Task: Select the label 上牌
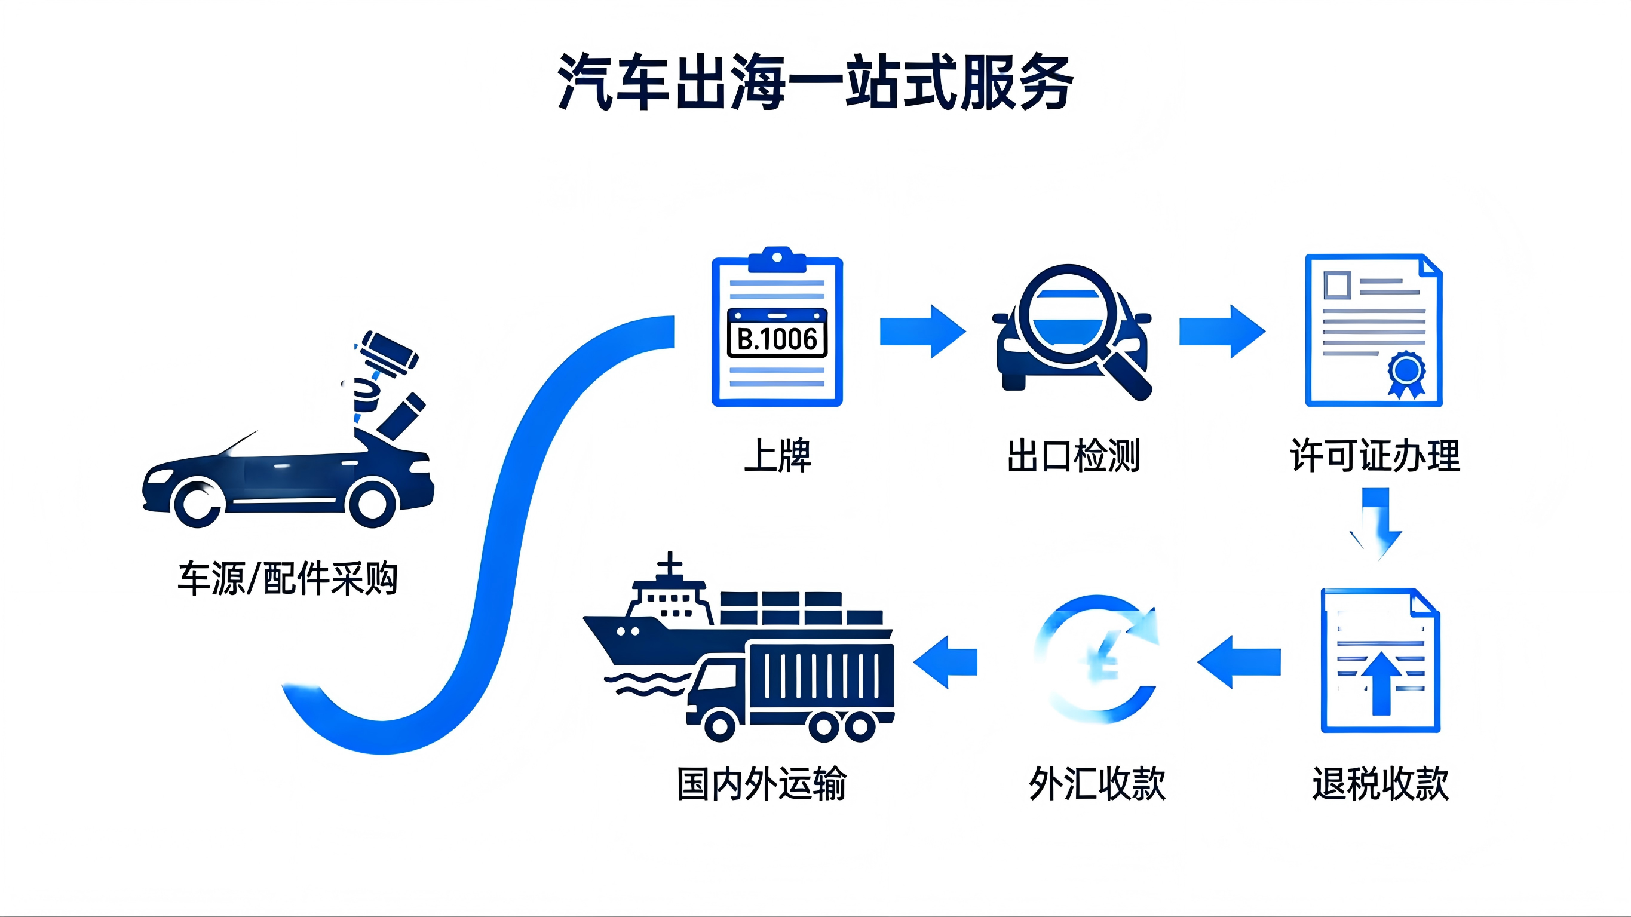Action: pos(777,455)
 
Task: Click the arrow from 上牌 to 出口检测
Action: pos(922,331)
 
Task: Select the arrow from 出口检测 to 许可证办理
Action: pos(1221,331)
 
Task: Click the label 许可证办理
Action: pos(1375,455)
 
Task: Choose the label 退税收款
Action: pos(1379,783)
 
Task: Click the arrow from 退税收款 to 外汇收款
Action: pos(1239,662)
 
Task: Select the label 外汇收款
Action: pos(1097,783)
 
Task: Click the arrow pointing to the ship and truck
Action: pos(945,662)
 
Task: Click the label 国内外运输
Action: pos(761,783)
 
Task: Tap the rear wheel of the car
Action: pos(198,504)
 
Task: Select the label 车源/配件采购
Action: pos(287,578)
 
